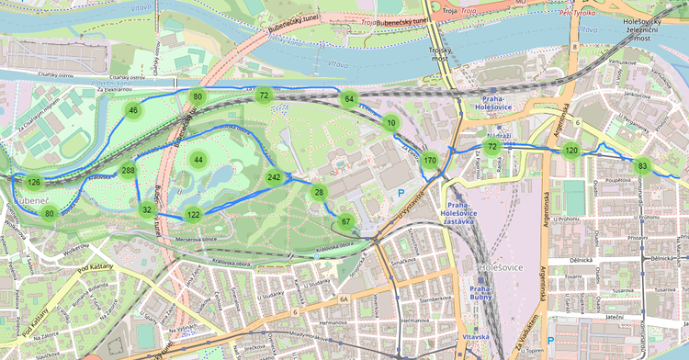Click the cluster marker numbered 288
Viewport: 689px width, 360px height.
pyautogui.click(x=128, y=171)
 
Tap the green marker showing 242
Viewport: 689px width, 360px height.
pyautogui.click(x=274, y=176)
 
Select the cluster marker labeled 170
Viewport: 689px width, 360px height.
pyautogui.click(x=430, y=161)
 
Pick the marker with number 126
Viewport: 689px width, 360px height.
pyautogui.click(x=34, y=183)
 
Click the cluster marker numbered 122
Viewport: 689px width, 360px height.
pyautogui.click(x=193, y=214)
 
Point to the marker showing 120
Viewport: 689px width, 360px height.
pyautogui.click(x=571, y=151)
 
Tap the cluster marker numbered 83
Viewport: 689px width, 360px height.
pyautogui.click(x=642, y=166)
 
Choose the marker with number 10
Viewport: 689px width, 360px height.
pyautogui.click(x=391, y=123)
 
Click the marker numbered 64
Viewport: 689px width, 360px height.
pyautogui.click(x=349, y=98)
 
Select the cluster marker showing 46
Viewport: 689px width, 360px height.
pyautogui.click(x=133, y=111)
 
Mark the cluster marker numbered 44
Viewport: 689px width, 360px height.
pyautogui.click(x=198, y=160)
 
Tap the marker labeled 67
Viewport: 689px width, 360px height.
pyautogui.click(x=345, y=221)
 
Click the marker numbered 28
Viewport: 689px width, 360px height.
pyautogui.click(x=319, y=192)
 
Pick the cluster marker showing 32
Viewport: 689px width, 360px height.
pyautogui.click(x=147, y=209)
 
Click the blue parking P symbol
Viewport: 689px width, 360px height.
pyautogui.click(x=400, y=193)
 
